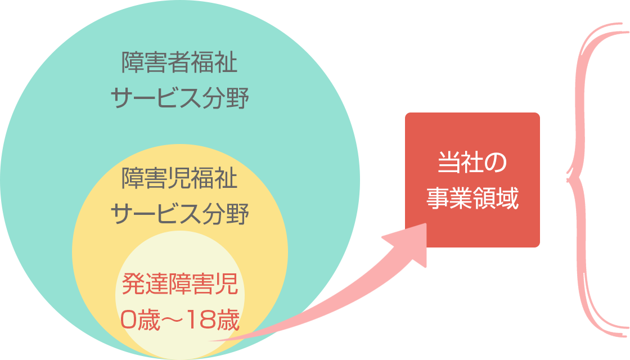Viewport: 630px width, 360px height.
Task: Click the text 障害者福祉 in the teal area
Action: click(179, 62)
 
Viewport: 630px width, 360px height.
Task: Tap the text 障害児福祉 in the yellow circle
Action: click(179, 179)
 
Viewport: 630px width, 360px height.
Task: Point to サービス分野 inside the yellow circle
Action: click(179, 214)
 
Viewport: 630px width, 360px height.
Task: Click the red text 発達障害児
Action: click(180, 285)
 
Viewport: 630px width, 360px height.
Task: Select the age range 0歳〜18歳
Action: click(180, 321)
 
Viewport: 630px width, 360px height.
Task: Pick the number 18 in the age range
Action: click(196, 321)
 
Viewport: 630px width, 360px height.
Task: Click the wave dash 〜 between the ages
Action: click(169, 321)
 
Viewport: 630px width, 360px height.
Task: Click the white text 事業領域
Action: click(472, 198)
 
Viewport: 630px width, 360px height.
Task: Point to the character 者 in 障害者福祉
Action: click(179, 62)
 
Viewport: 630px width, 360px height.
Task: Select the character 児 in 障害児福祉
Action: click(179, 179)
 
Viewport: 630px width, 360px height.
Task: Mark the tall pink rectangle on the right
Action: click(598, 180)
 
